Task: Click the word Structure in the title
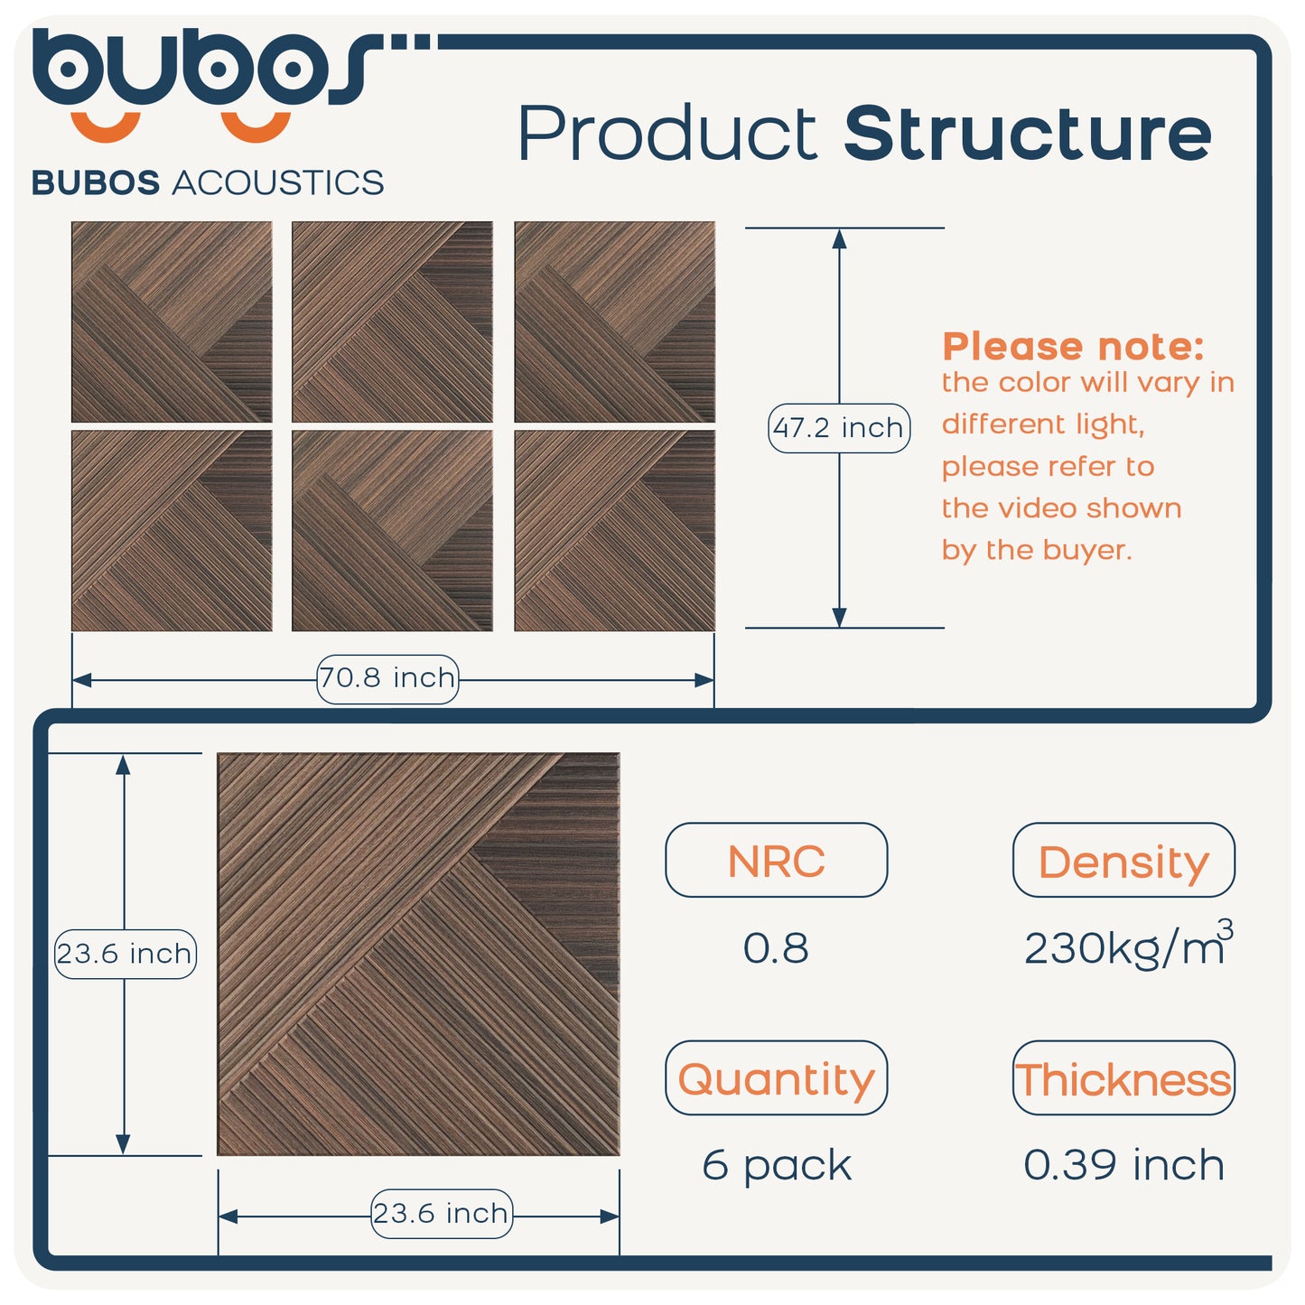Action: tap(1027, 134)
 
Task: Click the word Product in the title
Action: tap(668, 134)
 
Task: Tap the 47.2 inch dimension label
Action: tap(839, 428)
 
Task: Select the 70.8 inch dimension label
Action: tap(387, 678)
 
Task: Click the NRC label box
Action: tap(776, 861)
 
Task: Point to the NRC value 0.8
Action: tap(776, 948)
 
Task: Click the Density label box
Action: tap(1123, 861)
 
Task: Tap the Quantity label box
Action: tap(776, 1078)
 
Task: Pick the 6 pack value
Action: tap(777, 1165)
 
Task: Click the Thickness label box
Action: tap(1123, 1078)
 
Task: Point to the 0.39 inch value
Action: tap(1123, 1165)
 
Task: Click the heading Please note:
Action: tap(1073, 347)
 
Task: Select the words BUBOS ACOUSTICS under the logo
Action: tap(208, 182)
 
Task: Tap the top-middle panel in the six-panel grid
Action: tap(392, 322)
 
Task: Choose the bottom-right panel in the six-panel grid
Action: tap(614, 530)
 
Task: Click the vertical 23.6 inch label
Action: tap(125, 954)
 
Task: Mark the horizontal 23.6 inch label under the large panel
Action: tap(441, 1213)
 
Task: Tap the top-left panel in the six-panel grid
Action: tap(172, 322)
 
